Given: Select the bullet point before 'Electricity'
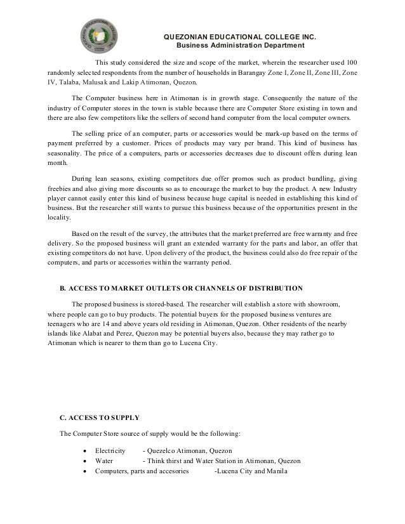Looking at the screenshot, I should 86,450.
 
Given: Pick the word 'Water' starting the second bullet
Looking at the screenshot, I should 104,461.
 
